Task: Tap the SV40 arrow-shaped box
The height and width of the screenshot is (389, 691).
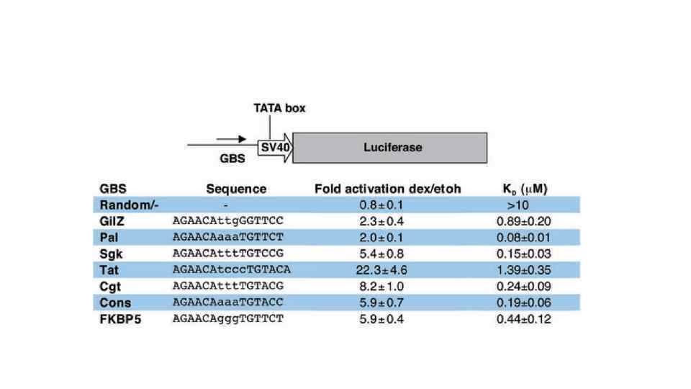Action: click(x=272, y=147)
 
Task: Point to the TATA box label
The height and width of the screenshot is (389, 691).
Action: click(x=279, y=108)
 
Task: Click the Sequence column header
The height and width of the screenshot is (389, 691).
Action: click(x=236, y=189)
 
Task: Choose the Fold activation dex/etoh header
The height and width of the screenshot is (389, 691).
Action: click(x=388, y=189)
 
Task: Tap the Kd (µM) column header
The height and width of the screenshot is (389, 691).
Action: click(x=525, y=189)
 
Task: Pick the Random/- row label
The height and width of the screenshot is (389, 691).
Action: click(x=125, y=205)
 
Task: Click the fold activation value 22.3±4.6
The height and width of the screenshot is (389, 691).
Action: click(x=388, y=269)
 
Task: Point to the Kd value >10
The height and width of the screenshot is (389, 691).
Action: click(x=524, y=205)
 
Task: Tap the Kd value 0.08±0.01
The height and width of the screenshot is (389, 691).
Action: click(x=524, y=237)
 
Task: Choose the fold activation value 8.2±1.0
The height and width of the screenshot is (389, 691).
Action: click(x=388, y=286)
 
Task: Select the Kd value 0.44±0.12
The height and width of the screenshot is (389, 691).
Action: click(x=524, y=318)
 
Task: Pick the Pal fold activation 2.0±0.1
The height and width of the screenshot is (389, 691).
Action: click(x=388, y=237)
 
